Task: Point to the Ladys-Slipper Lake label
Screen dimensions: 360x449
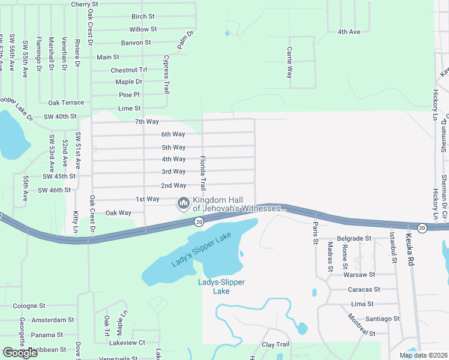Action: (221, 286)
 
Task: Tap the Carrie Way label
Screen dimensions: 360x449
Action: (289, 63)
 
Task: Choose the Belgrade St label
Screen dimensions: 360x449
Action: (354, 238)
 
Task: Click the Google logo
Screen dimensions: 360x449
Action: (20, 353)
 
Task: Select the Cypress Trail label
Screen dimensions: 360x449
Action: (166, 74)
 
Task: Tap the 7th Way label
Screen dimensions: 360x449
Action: (146, 122)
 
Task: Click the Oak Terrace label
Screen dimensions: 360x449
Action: (66, 103)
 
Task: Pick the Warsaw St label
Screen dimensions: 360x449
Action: (359, 275)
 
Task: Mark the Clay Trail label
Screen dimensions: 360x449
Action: (276, 345)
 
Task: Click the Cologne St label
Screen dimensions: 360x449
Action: (29, 306)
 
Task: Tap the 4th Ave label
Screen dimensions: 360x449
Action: (349, 32)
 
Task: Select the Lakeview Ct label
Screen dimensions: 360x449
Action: (127, 343)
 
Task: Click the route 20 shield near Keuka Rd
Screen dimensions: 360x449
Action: (421, 227)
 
